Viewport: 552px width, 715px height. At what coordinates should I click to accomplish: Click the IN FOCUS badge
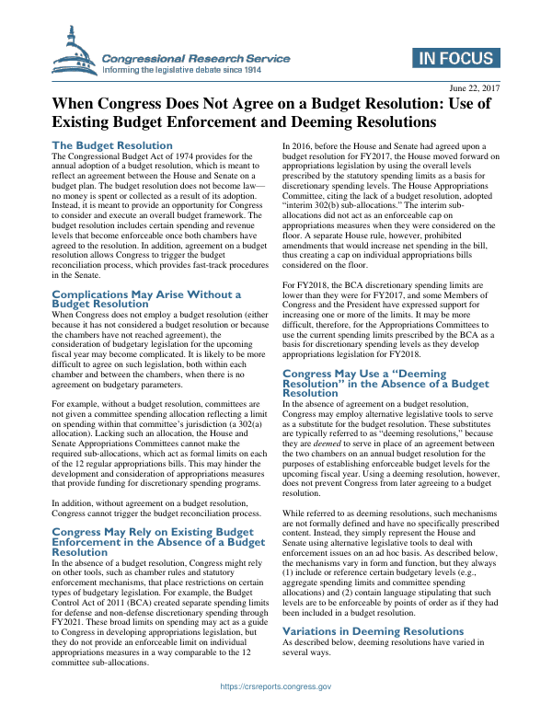pos(454,60)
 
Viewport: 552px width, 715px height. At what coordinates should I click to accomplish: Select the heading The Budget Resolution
pos(111,145)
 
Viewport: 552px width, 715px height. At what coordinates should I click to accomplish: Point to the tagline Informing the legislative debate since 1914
pos(195,69)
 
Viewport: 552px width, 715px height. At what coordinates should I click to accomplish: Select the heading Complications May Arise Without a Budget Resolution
pos(146,299)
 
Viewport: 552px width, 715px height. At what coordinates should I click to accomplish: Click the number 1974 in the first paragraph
pos(192,156)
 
